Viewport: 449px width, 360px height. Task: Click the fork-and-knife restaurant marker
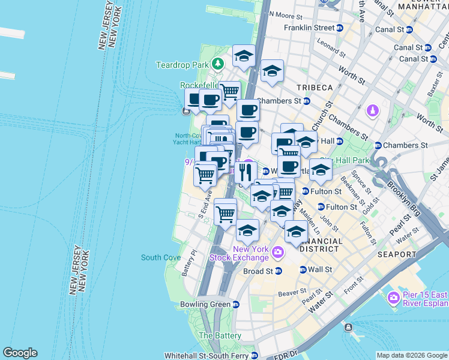[x=245, y=173]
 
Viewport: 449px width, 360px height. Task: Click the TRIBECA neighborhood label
[x=313, y=88]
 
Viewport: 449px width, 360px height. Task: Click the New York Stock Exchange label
[x=239, y=254]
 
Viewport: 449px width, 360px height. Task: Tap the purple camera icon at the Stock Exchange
[x=277, y=253]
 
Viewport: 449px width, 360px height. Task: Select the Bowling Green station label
[x=205, y=304]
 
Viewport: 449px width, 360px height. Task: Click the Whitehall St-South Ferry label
[x=211, y=355]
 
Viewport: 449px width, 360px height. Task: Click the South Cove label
[x=160, y=257]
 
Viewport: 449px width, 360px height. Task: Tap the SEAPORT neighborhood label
[x=397, y=254]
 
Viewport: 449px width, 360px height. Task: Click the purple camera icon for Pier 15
[x=394, y=297]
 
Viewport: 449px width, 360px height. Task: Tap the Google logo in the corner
[x=20, y=353]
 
